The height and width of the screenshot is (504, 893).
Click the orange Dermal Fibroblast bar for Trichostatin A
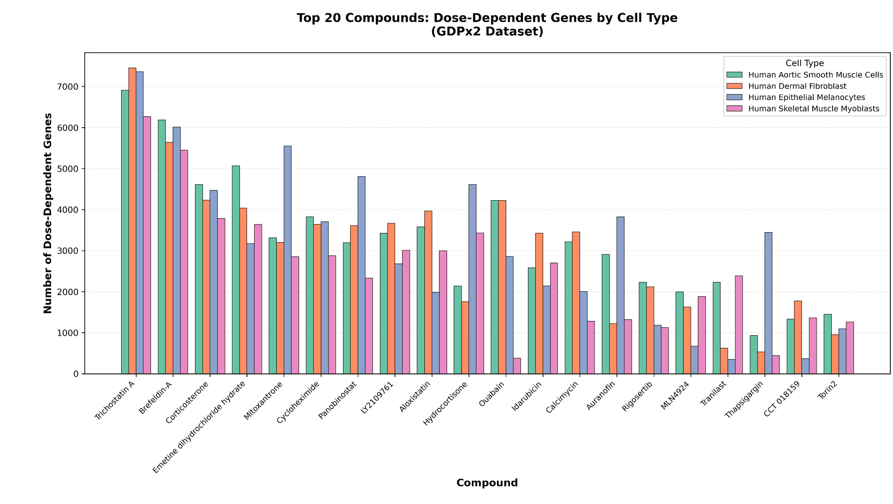[x=132, y=221]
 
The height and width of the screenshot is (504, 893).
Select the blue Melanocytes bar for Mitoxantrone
[x=287, y=260]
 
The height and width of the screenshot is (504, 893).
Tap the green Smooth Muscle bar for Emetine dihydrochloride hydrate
[x=236, y=269]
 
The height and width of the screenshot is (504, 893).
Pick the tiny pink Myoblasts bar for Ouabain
[x=517, y=366]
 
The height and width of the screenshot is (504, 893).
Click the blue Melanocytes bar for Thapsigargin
[x=768, y=303]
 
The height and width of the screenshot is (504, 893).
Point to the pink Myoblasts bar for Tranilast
[x=739, y=325]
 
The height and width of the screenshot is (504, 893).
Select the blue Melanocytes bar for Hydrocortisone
[x=472, y=279]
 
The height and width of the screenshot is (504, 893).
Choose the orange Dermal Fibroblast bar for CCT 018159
[x=798, y=337]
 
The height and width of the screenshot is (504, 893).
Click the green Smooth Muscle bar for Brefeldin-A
[x=162, y=247]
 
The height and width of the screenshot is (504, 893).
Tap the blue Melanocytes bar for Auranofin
[x=620, y=295]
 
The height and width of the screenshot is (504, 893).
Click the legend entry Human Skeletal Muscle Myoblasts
[x=814, y=109]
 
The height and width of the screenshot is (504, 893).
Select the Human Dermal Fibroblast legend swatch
[x=735, y=86]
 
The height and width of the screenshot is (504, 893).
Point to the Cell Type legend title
[x=804, y=63]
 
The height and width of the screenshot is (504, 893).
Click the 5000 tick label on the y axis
[x=70, y=169]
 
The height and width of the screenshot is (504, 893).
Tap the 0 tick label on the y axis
[x=76, y=374]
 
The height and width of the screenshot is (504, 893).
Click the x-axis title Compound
[x=487, y=483]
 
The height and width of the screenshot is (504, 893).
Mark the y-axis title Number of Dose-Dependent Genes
[x=48, y=213]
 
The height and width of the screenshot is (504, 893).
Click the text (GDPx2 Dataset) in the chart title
[x=487, y=32]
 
